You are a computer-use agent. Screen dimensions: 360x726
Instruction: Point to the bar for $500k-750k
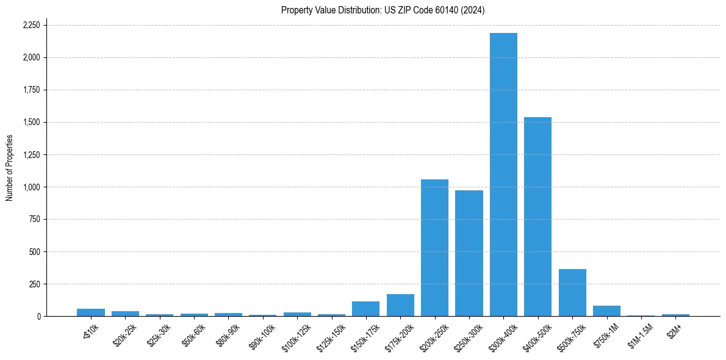point(572,293)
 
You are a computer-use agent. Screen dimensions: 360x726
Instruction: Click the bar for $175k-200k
point(400,305)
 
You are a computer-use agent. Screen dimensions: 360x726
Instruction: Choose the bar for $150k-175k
point(365,309)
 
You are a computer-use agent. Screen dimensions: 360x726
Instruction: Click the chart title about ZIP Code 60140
point(383,10)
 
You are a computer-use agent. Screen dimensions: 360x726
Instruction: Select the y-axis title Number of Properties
point(10,168)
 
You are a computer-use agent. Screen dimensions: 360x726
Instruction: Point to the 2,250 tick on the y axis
point(31,25)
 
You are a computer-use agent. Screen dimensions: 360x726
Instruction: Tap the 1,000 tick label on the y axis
point(31,187)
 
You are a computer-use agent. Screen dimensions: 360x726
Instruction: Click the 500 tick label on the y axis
point(34,251)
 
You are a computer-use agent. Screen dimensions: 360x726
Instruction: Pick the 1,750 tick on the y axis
point(31,90)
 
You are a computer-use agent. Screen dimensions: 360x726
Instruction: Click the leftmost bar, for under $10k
point(91,312)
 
